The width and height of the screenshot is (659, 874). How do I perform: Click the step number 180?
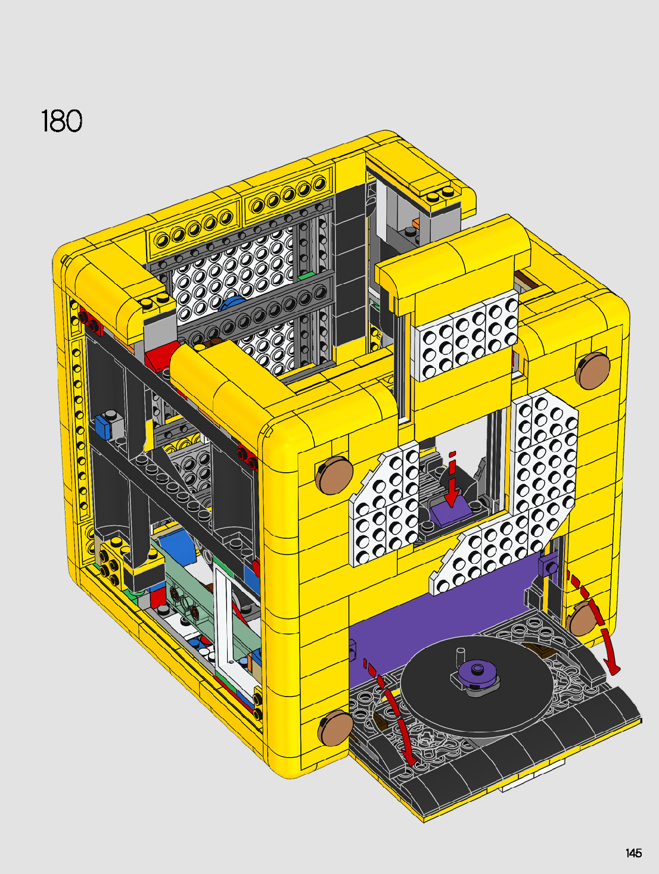coord(62,121)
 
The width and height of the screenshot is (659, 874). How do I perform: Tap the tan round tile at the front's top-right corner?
coord(592,371)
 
